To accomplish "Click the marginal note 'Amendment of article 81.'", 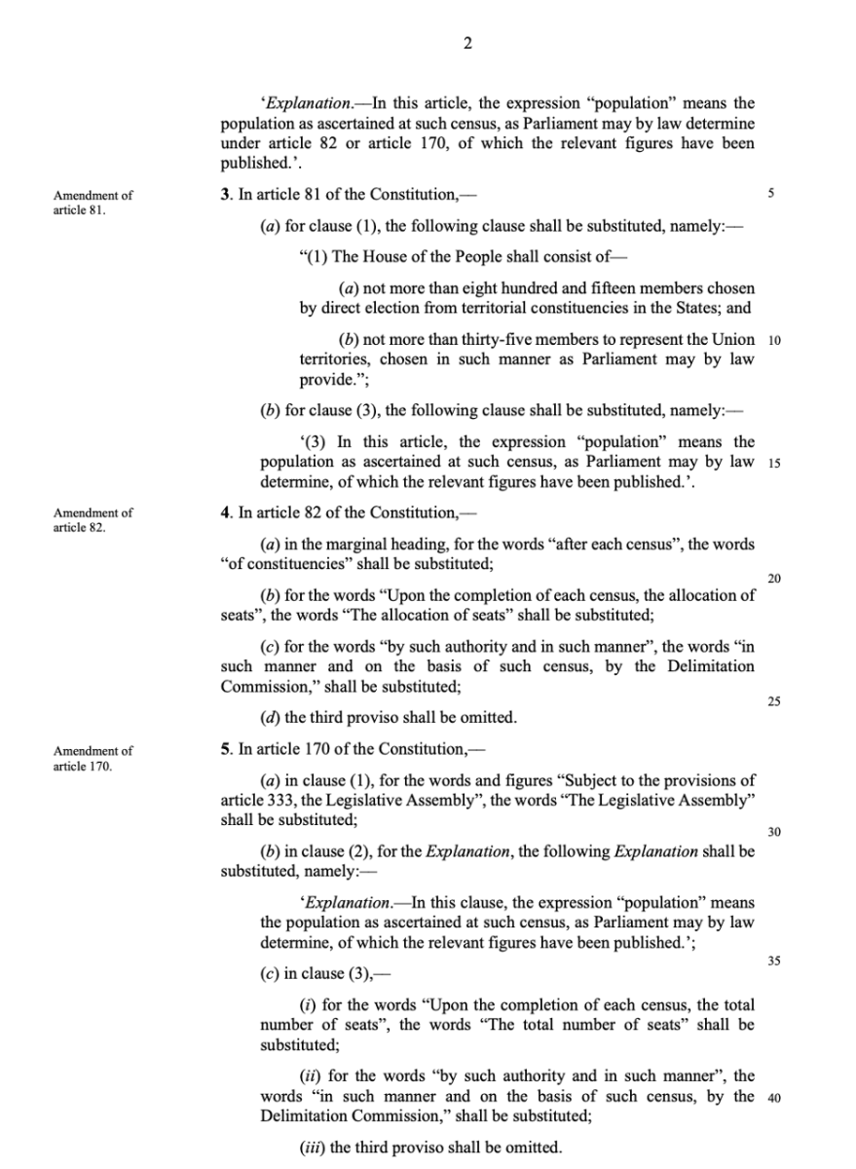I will click(x=93, y=202).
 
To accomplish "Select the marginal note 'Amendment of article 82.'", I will click(x=93, y=519).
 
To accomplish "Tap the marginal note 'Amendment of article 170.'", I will click(x=93, y=758).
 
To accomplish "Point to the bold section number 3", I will click(x=225, y=195).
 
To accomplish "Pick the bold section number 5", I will click(x=225, y=751).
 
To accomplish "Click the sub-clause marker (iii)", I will click(x=312, y=1147).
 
